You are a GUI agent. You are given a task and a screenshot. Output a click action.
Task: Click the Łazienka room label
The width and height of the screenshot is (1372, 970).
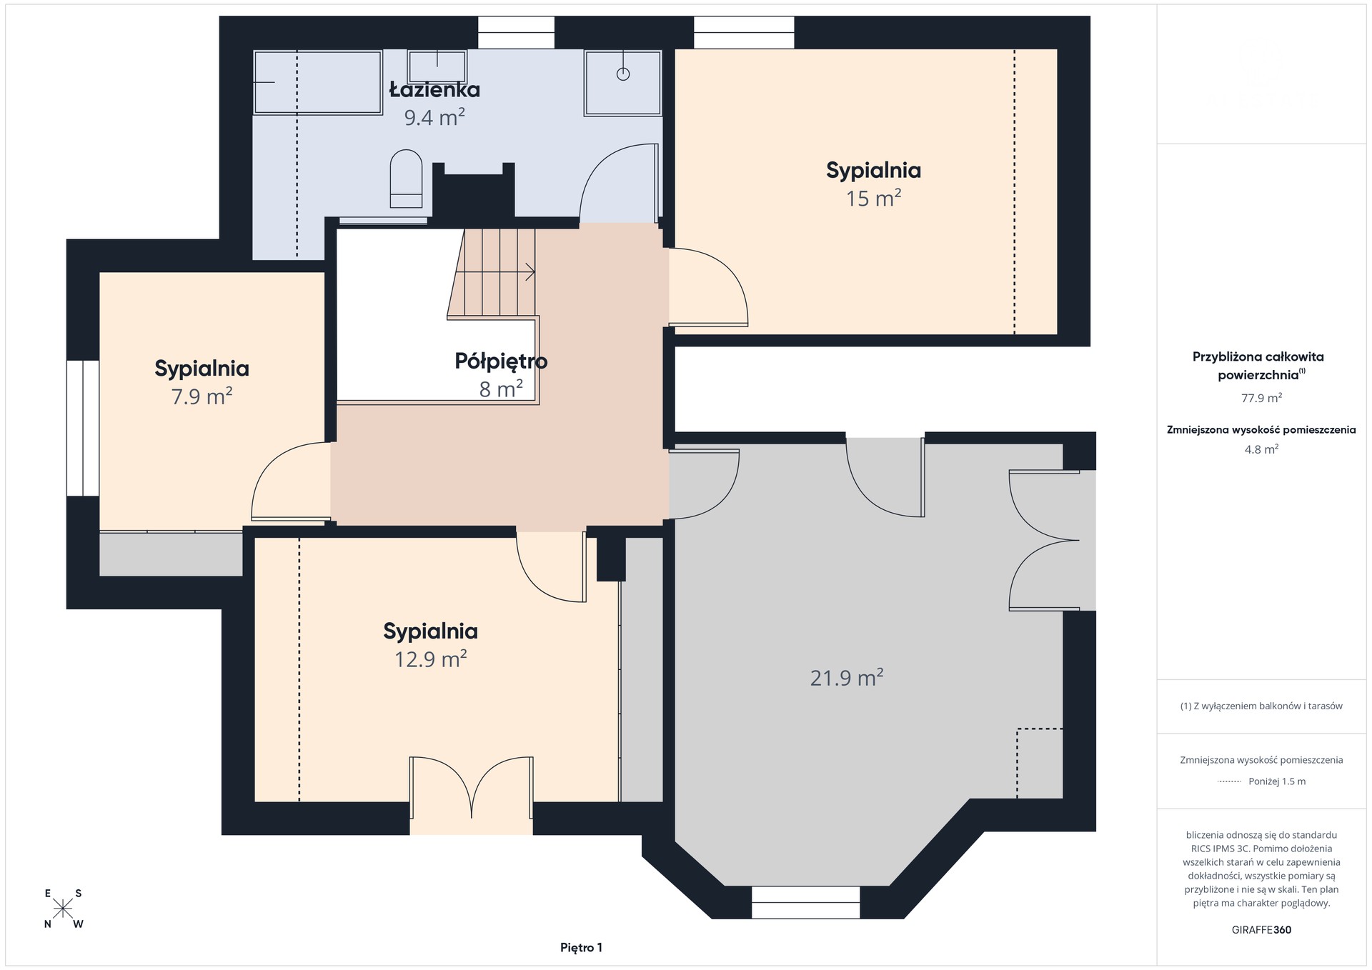[x=434, y=89]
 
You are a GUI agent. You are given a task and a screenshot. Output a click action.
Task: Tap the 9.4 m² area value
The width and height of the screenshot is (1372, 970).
[x=434, y=116]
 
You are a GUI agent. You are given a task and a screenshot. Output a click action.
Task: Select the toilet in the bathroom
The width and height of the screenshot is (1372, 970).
[x=406, y=179]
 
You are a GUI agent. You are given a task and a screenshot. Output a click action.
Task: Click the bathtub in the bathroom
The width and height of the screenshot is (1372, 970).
[x=318, y=81]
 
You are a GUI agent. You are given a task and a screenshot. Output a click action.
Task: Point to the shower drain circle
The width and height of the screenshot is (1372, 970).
[x=623, y=73]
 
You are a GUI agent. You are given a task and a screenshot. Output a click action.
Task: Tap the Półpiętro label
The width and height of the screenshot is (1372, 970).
[x=501, y=361]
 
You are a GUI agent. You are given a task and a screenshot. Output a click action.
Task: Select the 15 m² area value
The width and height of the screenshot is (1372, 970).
[x=873, y=197]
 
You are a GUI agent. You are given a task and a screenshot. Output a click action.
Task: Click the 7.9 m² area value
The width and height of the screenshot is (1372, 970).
[x=202, y=396]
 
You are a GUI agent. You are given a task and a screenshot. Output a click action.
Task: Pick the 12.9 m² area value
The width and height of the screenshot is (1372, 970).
[x=430, y=658]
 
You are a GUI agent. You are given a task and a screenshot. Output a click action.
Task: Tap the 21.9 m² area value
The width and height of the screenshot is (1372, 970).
[x=847, y=677]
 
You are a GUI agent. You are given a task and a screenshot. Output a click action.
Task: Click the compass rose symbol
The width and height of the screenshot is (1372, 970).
[x=64, y=909]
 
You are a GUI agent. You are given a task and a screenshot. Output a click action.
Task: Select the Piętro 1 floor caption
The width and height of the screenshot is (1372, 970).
[x=581, y=948]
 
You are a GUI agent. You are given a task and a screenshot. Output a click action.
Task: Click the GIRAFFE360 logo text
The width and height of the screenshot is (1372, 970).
[x=1261, y=930]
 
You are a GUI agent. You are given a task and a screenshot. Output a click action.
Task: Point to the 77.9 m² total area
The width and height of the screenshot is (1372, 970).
[x=1261, y=398]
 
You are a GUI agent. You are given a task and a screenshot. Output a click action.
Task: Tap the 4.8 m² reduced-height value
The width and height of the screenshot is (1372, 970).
[x=1261, y=449]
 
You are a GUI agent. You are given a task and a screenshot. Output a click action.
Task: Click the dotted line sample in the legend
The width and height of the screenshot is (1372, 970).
[x=1229, y=781]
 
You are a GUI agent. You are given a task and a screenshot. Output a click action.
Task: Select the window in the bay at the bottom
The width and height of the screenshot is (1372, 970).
[x=805, y=902]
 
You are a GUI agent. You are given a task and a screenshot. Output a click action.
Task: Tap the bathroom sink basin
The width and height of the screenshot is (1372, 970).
[x=437, y=66]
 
